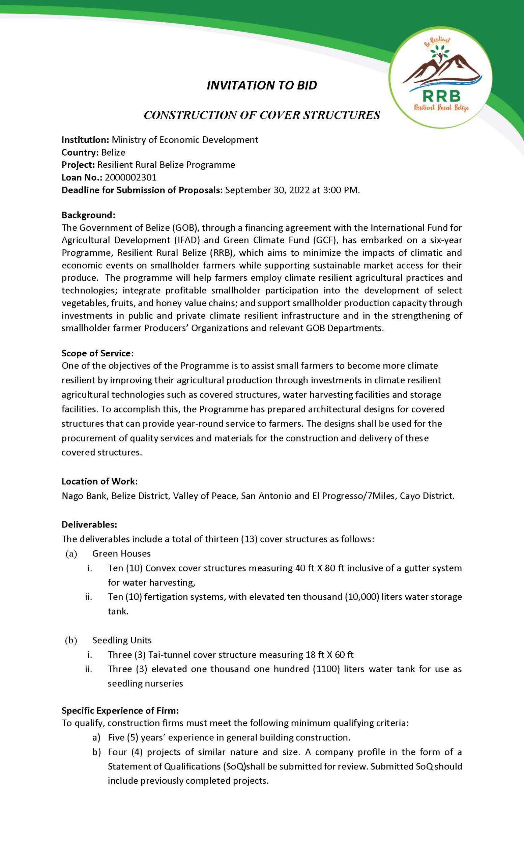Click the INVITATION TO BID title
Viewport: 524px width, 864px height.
[x=262, y=85]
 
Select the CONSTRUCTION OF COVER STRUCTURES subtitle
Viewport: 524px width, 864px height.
[x=262, y=115]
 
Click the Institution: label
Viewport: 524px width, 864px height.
[x=85, y=140]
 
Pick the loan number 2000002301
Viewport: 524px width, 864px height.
[x=130, y=178]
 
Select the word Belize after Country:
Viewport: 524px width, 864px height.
[x=113, y=152]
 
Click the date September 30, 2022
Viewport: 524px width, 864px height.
[x=267, y=190]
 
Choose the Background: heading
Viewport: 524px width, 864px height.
[x=88, y=215]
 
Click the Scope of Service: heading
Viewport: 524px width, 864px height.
[x=98, y=353]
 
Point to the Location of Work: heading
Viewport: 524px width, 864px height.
[x=99, y=481]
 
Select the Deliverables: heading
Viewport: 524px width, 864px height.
[x=89, y=524]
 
